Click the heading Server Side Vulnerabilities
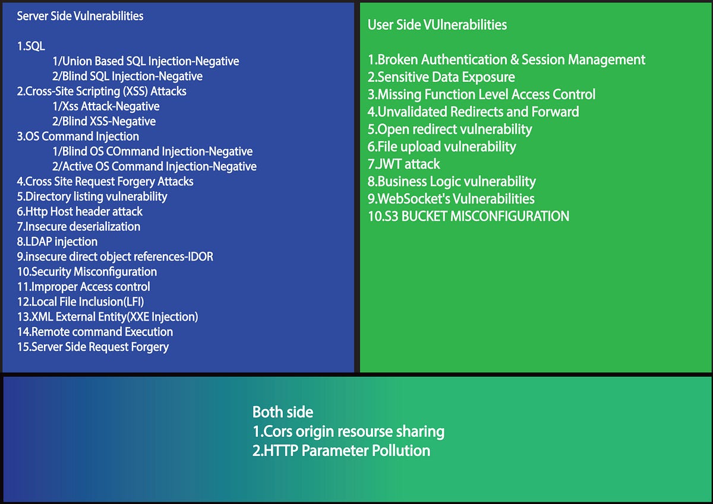(80, 16)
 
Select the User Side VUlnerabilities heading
(437, 25)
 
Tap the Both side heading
(283, 412)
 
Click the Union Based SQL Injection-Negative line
(146, 61)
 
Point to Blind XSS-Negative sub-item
(104, 122)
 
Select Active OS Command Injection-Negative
(154, 167)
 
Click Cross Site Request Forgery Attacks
(105, 182)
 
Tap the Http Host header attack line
(80, 212)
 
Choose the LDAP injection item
(57, 242)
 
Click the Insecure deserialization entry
(78, 227)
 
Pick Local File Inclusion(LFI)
(80, 302)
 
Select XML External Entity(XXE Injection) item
(108, 317)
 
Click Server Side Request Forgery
(93, 347)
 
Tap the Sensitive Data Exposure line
(441, 77)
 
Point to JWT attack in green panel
(404, 164)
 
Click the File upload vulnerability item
(442, 147)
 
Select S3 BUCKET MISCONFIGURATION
(468, 216)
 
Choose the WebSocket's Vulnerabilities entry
(451, 199)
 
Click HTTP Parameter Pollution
(341, 451)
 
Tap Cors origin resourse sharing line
(348, 432)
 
